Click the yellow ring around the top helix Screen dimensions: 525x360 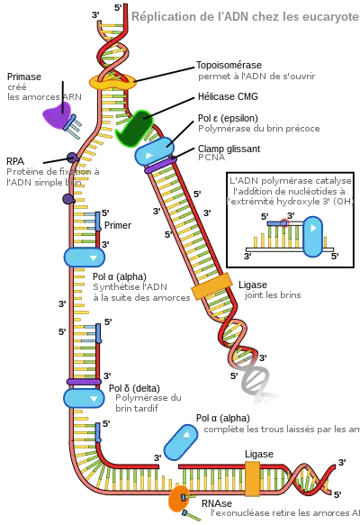pyautogui.click(x=112, y=83)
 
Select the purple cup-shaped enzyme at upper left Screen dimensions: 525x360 pyautogui.click(x=57, y=114)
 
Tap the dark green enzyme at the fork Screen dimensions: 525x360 pyautogui.click(x=136, y=129)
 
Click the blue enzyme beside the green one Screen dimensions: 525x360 pyautogui.click(x=154, y=151)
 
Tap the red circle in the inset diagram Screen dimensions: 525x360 pyautogui.click(x=284, y=221)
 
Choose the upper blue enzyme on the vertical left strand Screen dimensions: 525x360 pyautogui.click(x=85, y=257)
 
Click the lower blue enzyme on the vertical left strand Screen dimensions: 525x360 pyautogui.click(x=85, y=397)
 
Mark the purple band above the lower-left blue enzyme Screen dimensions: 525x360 pyautogui.click(x=83, y=381)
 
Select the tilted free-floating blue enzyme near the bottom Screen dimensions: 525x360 pyautogui.click(x=180, y=441)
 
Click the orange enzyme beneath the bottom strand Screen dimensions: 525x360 pyautogui.click(x=176, y=497)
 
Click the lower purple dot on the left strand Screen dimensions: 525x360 pyautogui.click(x=67, y=198)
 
